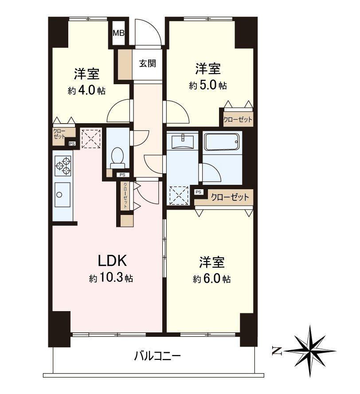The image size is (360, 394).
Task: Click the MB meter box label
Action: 119,33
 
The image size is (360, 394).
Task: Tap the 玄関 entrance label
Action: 148,63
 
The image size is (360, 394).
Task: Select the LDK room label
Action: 112,261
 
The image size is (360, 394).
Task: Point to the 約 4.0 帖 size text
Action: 86,90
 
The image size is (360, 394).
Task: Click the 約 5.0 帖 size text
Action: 208,86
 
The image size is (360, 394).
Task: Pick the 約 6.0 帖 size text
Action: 211,279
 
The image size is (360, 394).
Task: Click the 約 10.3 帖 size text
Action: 111,278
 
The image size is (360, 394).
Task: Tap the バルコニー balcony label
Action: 157,356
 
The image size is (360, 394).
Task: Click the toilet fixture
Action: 117,158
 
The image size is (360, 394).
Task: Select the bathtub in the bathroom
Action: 221,142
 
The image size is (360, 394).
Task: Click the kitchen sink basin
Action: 63,195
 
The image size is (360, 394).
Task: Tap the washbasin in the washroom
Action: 183,141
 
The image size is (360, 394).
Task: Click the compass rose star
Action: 310,351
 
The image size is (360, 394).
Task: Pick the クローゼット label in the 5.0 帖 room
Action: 238,120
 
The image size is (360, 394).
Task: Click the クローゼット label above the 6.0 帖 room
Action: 230,197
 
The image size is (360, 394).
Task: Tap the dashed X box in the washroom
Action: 179,196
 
